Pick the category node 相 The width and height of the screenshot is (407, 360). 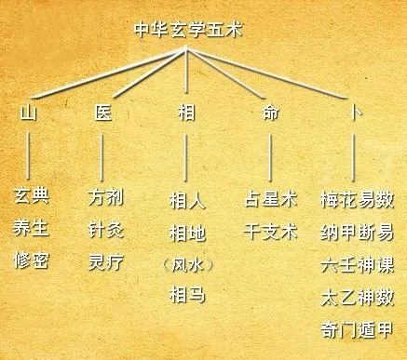pos(186,113)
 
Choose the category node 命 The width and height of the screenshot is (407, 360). pos(270,113)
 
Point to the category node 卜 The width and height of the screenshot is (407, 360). pos(354,113)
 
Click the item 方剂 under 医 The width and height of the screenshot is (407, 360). pos(105,198)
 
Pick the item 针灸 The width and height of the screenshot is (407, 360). pos(105,228)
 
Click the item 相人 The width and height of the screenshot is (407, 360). pos(187,200)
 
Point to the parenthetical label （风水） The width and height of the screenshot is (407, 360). pos(187,263)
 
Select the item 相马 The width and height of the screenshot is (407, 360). pos(187,296)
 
